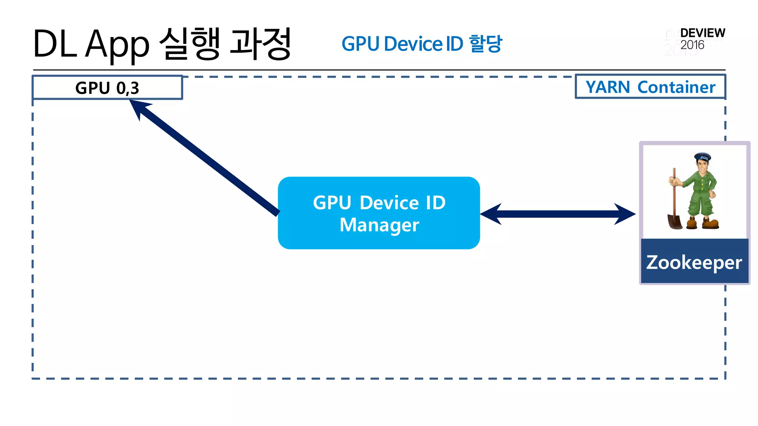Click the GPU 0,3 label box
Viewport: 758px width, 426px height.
pyautogui.click(x=107, y=88)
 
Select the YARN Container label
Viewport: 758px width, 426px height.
pyautogui.click(x=650, y=87)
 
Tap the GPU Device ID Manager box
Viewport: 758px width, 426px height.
pyautogui.click(x=379, y=213)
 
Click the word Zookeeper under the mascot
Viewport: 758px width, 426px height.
pyautogui.click(x=694, y=262)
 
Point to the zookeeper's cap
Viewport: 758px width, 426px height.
pyautogui.click(x=702, y=157)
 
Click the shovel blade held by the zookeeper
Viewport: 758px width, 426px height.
pyautogui.click(x=675, y=222)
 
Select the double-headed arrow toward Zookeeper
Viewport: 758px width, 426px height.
pyautogui.click(x=558, y=214)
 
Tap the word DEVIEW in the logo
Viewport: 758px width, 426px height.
pyautogui.click(x=702, y=33)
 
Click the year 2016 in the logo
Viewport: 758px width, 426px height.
pyautogui.click(x=692, y=45)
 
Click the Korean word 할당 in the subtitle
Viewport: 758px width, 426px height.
pyautogui.click(x=486, y=44)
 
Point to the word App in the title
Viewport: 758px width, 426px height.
pyautogui.click(x=117, y=45)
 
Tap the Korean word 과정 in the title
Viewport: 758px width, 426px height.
pyautogui.click(x=260, y=44)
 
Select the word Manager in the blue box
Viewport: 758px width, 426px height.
pyautogui.click(x=379, y=225)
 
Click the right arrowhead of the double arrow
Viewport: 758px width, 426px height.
pyautogui.click(x=625, y=214)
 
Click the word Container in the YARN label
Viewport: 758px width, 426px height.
pyautogui.click(x=676, y=87)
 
